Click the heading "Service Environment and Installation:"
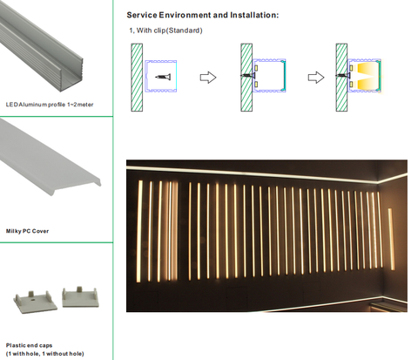203,15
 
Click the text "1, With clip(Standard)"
165,31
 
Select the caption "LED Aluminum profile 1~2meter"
50,105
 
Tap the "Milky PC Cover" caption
27,231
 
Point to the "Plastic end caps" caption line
29,345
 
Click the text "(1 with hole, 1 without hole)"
45,354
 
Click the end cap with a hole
36,302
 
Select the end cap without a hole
80,297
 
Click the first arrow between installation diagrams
208,78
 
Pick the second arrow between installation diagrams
316,78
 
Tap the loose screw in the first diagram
163,77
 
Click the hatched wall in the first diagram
137,78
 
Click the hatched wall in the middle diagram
246,78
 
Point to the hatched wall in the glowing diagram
341,78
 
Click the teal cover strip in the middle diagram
284,76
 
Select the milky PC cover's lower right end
98,182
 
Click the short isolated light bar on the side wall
391,239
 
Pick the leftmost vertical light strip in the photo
139,231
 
